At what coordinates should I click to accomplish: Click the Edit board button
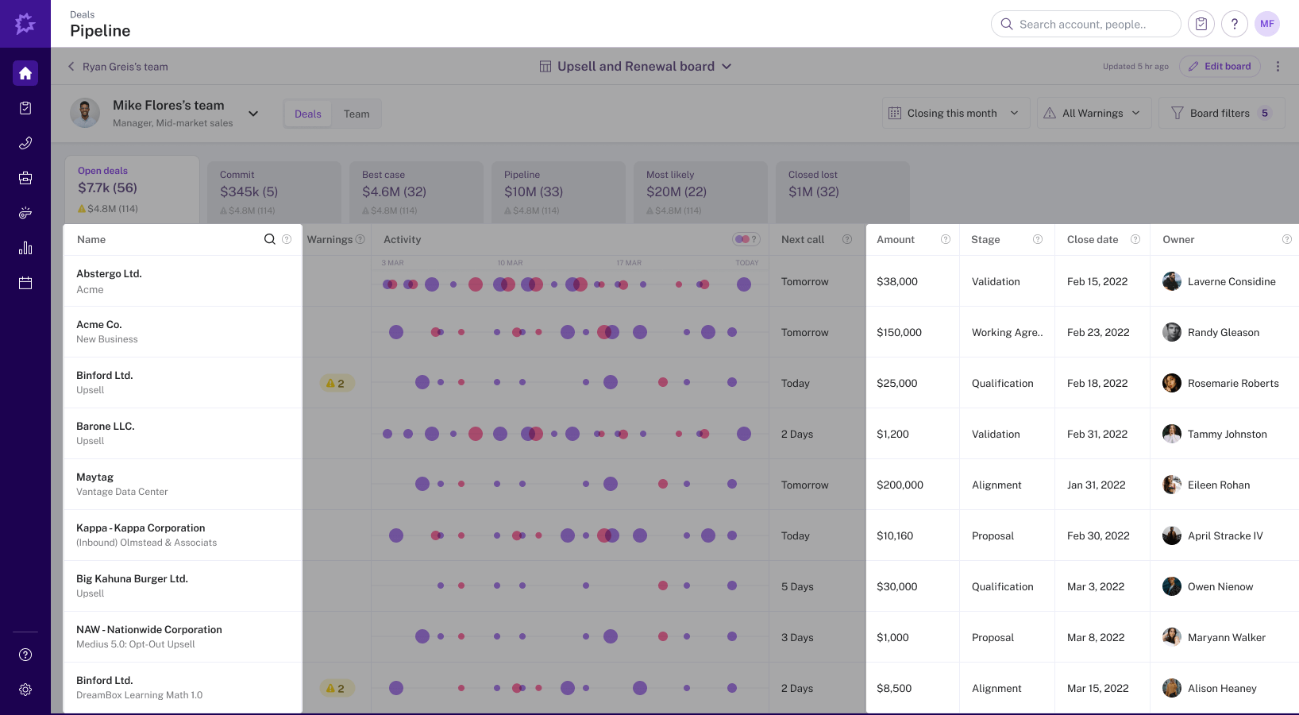(1220, 67)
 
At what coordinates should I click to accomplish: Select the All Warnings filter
(1093, 114)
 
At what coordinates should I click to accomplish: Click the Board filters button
(1221, 114)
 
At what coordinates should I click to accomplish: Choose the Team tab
(357, 114)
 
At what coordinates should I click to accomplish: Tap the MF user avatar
(1267, 24)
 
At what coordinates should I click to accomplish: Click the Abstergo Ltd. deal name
(109, 274)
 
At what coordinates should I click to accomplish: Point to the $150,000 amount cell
(899, 333)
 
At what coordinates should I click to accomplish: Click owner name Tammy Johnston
(1227, 435)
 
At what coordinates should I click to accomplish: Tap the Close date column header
(1093, 240)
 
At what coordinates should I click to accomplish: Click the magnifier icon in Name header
(269, 240)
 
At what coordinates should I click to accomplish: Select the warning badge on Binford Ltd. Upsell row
(337, 384)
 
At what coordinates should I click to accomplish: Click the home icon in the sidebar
(25, 73)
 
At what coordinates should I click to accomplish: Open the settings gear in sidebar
(25, 690)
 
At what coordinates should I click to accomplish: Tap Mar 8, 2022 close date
(1096, 638)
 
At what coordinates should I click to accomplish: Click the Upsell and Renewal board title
(635, 67)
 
